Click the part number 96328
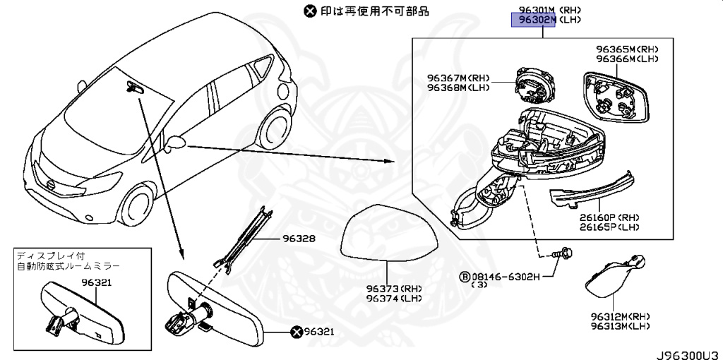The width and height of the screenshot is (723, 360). tap(296, 239)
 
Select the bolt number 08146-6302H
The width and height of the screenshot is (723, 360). tap(506, 276)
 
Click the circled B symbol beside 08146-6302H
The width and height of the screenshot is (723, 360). tap(465, 276)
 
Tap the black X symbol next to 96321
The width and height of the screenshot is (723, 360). tap(297, 331)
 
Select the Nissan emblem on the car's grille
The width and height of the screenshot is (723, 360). tap(52, 184)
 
